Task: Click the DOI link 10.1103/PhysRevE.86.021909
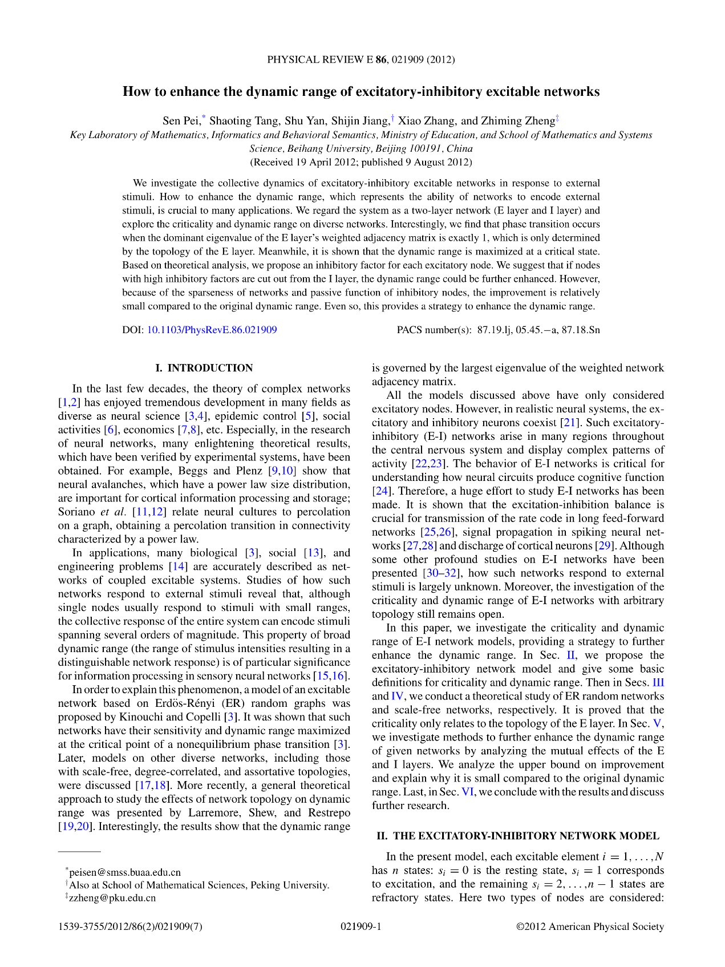(212, 330)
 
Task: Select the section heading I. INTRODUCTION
(204, 368)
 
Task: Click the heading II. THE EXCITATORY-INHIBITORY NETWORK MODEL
(518, 836)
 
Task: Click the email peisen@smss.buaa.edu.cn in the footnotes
(125, 872)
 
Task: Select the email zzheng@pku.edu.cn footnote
(112, 897)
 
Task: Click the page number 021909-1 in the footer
(361, 926)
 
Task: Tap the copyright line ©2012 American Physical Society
(590, 926)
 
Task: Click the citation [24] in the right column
(381, 491)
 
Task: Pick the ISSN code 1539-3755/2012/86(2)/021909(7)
(130, 926)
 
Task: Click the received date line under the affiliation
(361, 162)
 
